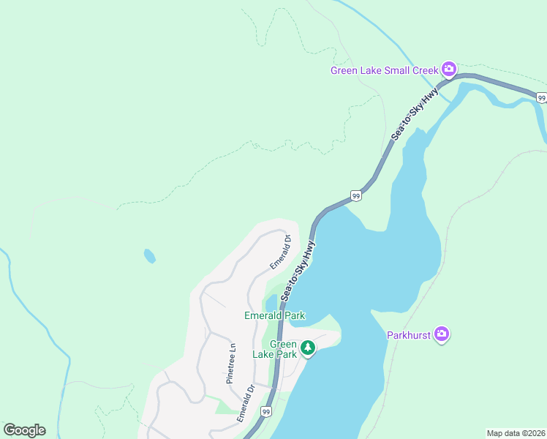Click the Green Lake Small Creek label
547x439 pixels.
(x=384, y=71)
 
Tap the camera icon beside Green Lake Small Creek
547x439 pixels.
(x=449, y=70)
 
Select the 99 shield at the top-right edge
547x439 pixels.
(x=541, y=97)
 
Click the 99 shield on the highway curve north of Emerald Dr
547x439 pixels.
(x=355, y=195)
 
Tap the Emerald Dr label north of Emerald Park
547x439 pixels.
(x=280, y=250)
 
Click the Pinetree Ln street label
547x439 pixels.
(x=230, y=364)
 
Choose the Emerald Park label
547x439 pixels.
(x=274, y=316)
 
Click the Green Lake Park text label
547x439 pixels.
(x=275, y=349)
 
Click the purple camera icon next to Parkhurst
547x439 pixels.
(x=442, y=334)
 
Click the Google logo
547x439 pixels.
(x=24, y=430)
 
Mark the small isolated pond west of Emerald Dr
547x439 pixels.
(x=149, y=256)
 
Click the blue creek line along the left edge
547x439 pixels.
(x=29, y=315)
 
